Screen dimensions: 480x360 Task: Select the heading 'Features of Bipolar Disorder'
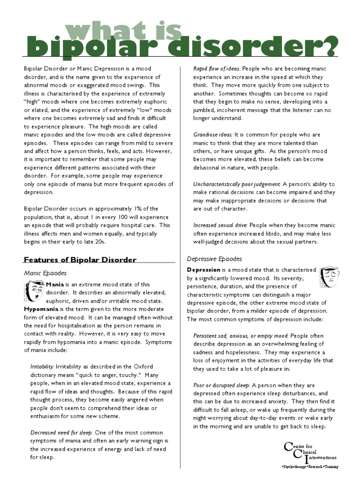click(x=80, y=260)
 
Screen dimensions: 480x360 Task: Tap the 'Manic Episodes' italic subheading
click(x=45, y=273)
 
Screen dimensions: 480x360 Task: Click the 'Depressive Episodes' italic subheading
click(x=214, y=259)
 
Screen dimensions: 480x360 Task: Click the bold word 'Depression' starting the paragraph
click(x=203, y=270)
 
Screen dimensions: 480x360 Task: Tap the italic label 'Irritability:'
click(x=42, y=366)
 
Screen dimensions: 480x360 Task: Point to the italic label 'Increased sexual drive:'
click(x=218, y=225)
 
